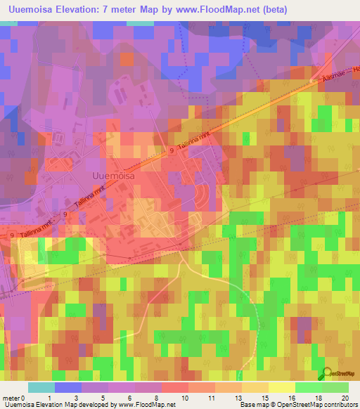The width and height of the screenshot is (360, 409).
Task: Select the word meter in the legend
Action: pyautogui.click(x=11, y=398)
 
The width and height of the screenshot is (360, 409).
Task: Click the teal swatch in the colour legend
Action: pyautogui.click(x=41, y=387)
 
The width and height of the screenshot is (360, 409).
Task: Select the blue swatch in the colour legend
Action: pyautogui.click(x=67, y=387)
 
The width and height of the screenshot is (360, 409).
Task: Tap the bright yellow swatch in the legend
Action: pyautogui.click(x=281, y=387)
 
